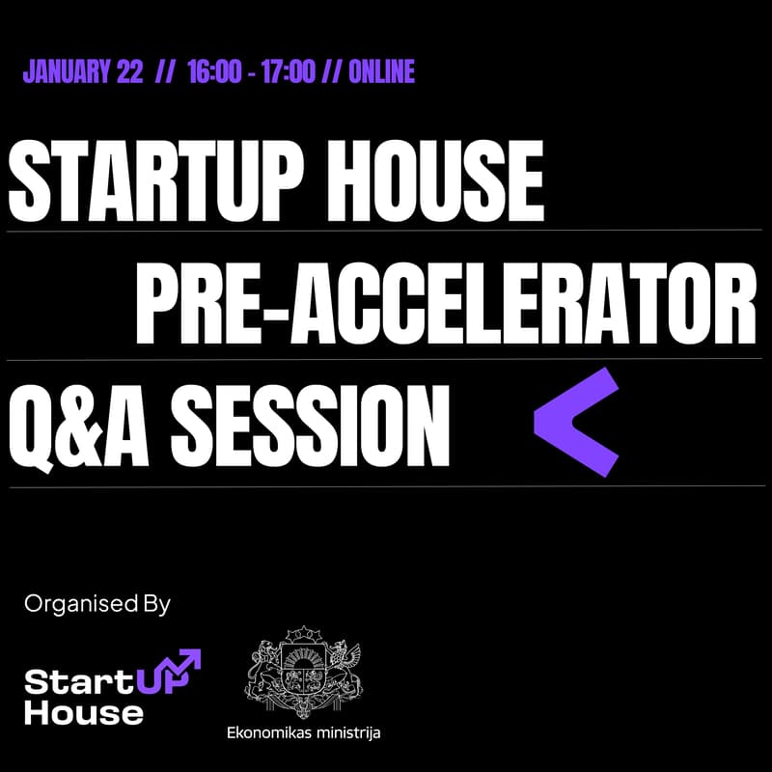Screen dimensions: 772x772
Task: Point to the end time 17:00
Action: [x=287, y=71]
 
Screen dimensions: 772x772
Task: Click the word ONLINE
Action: [x=381, y=71]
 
